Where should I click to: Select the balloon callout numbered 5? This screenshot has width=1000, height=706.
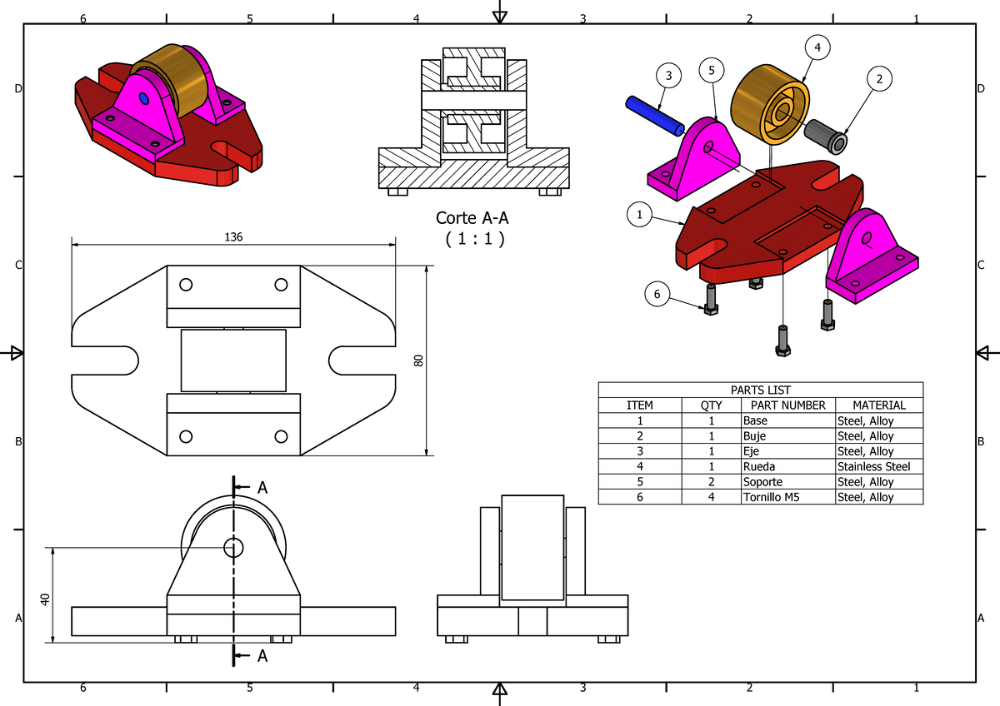coord(711,71)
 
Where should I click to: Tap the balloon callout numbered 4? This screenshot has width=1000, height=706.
coord(817,48)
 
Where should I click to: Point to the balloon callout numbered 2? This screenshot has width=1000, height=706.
coord(878,79)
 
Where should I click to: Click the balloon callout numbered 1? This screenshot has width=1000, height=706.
coord(639,215)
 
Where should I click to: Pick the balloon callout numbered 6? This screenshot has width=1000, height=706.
coord(657,293)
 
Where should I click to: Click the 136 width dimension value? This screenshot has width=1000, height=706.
coord(233,237)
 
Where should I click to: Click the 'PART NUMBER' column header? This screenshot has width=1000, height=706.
coord(787,405)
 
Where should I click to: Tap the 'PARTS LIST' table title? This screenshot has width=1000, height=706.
coord(760,390)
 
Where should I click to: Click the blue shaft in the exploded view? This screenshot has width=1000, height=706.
coord(655,116)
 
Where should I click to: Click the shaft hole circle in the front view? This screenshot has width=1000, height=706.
coord(233,547)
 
